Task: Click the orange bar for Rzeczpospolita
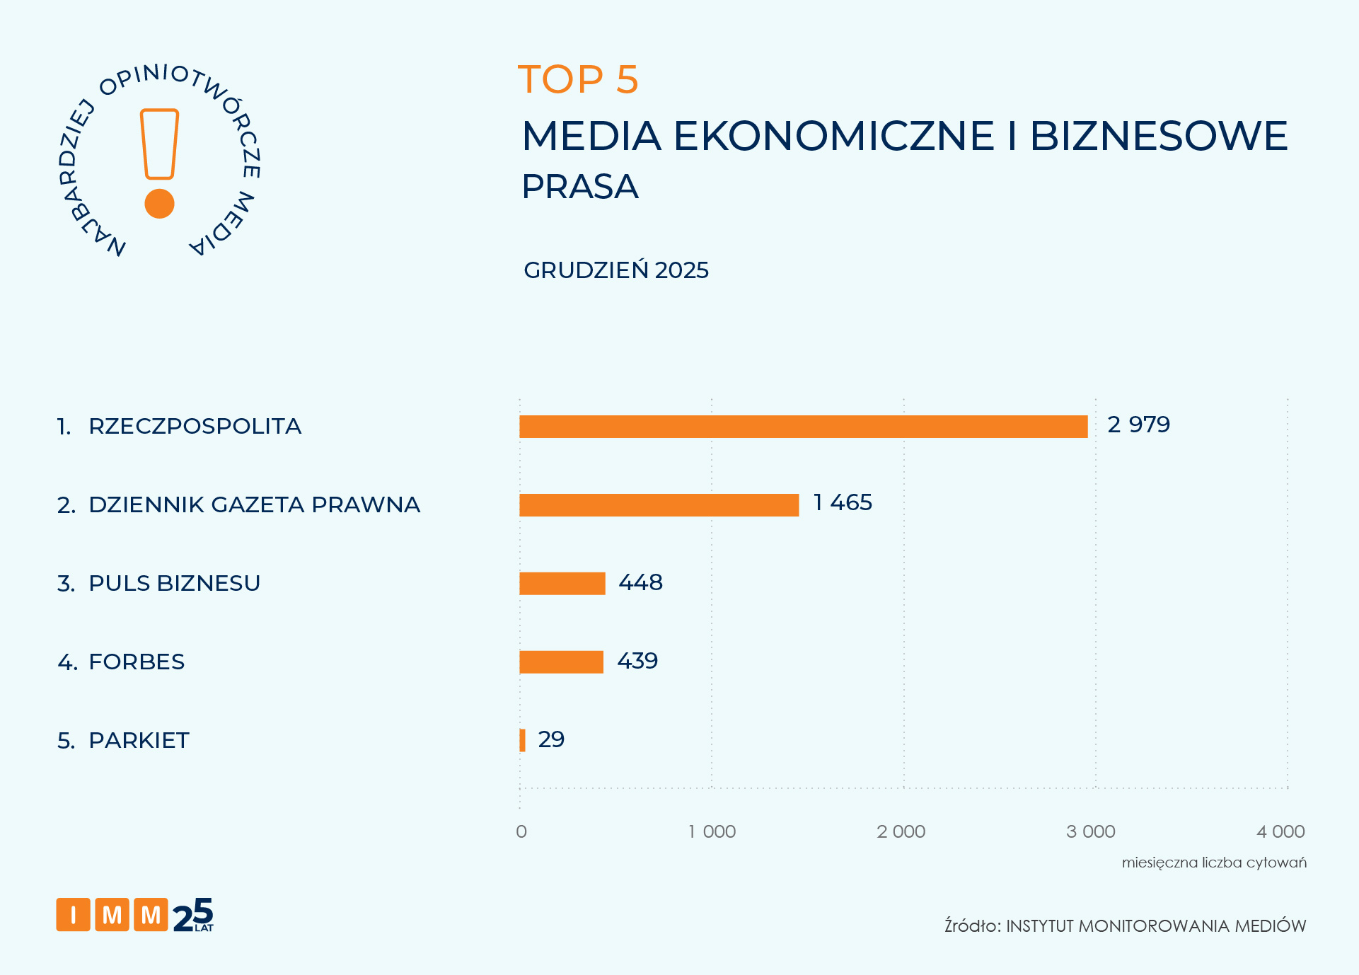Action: coord(803,427)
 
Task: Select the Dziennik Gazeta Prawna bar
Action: coord(659,505)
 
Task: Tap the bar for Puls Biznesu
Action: coord(562,584)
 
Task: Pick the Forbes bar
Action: coord(561,662)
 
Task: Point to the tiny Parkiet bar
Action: coord(523,740)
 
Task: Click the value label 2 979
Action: coord(1138,425)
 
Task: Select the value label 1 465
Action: coord(843,502)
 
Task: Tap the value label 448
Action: coord(640,582)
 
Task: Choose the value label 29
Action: coord(551,739)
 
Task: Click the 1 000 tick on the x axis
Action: coord(712,831)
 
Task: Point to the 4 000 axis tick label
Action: coord(1280,831)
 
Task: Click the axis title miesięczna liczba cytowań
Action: coord(1214,862)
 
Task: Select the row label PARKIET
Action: coord(139,740)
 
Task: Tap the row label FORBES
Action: coord(137,662)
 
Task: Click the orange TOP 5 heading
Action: coord(578,79)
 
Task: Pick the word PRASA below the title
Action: coord(580,187)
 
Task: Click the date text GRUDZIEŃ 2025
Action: coord(615,270)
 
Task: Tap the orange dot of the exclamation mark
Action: coord(159,204)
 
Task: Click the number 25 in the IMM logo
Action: coord(192,915)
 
